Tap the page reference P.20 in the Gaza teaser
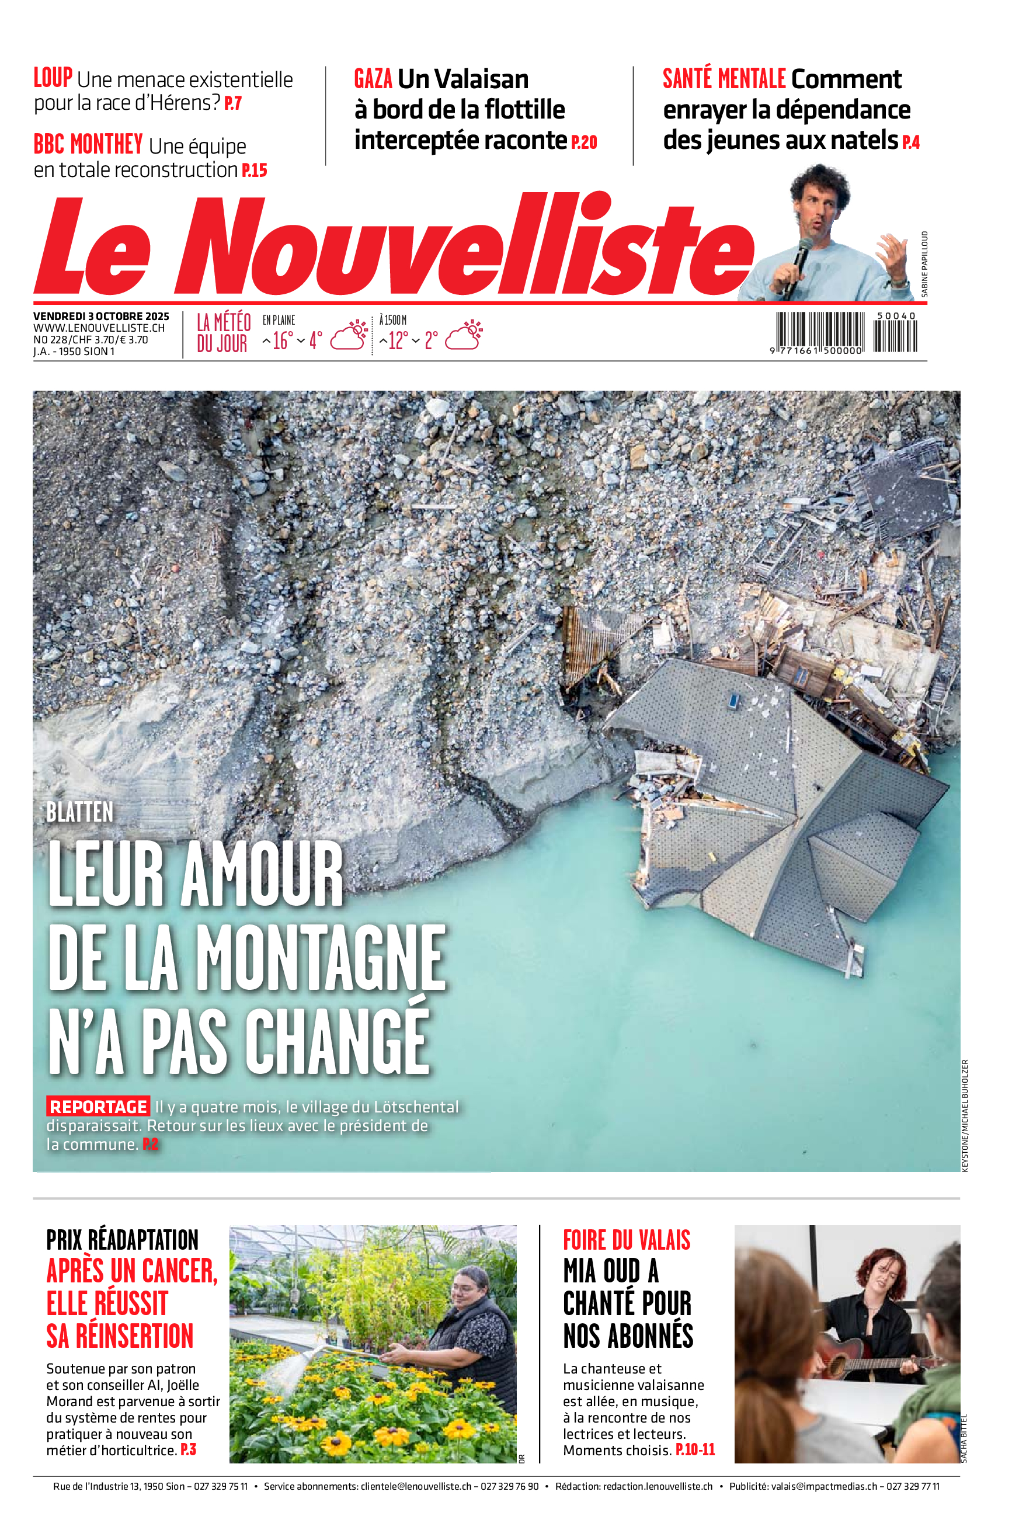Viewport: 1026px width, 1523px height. tap(584, 142)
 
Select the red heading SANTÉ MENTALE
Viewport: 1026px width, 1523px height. tap(724, 79)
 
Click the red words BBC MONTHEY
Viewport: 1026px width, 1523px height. tap(88, 145)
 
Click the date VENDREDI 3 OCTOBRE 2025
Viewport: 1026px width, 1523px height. tap(102, 317)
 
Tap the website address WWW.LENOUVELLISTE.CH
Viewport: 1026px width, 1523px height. tap(99, 328)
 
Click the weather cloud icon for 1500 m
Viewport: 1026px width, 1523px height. tap(464, 336)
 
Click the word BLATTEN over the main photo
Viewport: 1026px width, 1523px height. tap(80, 812)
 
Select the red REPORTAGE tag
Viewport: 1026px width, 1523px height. tap(98, 1107)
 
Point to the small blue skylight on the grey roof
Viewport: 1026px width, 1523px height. tap(734, 701)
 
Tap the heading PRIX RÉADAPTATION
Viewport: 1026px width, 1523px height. tap(123, 1240)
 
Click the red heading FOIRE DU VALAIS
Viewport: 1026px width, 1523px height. tap(626, 1240)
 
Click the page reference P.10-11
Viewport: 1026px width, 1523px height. tap(695, 1450)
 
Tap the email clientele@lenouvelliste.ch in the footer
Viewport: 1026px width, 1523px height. tap(416, 1486)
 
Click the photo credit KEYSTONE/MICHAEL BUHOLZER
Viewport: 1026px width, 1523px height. tap(965, 1115)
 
